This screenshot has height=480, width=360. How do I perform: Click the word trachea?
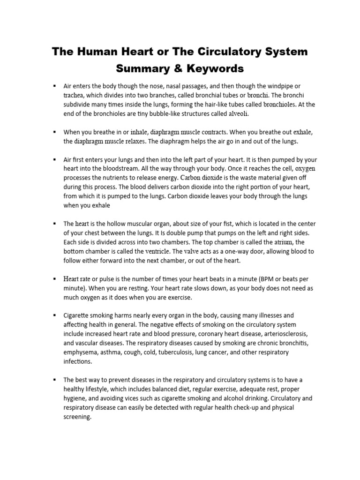click(74, 96)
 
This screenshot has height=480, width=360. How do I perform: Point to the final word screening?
click(77, 416)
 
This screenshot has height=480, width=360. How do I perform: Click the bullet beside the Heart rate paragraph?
click(55, 278)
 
